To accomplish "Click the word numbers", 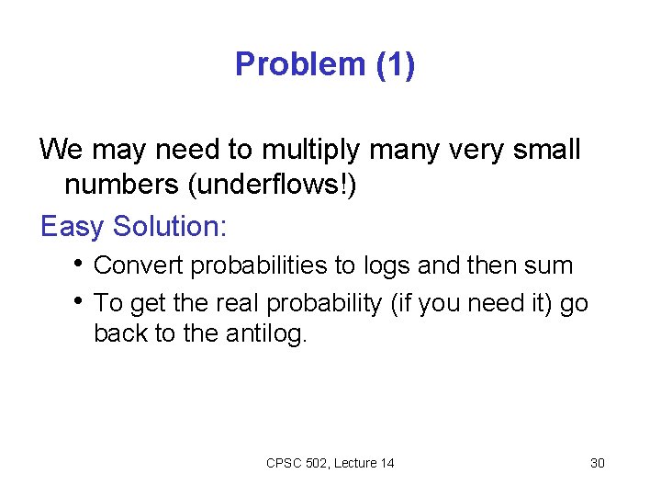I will click(x=122, y=186).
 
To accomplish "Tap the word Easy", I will click(x=73, y=226).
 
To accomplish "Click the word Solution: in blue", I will click(x=174, y=225).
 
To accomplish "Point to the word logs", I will click(x=387, y=267).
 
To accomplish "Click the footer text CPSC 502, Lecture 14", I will click(x=330, y=463).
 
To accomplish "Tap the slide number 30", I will click(x=597, y=463).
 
